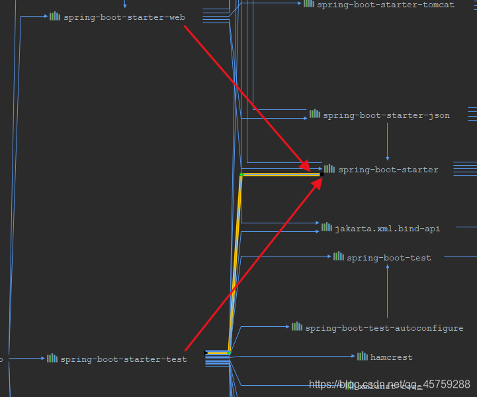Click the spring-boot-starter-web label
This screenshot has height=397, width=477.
coord(124,17)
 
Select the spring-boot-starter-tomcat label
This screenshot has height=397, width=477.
coord(386,5)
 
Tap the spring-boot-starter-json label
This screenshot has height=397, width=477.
coord(386,115)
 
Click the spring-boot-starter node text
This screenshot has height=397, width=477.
coord(388,170)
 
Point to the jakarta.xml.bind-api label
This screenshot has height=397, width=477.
coord(387,229)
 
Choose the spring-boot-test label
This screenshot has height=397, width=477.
coord(389,258)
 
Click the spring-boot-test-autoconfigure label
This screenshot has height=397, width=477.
coord(384,328)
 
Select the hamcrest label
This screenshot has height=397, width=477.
coord(391,357)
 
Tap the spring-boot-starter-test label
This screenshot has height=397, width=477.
coord(124,359)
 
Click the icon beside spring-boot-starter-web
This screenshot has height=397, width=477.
coord(55,17)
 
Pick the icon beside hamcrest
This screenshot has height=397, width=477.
coord(363,357)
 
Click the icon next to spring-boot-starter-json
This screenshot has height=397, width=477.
coord(315,114)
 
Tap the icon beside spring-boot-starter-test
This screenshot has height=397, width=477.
coord(52,358)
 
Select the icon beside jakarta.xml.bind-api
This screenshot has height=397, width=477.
coord(327,227)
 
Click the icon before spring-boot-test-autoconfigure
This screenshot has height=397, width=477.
coord(297,327)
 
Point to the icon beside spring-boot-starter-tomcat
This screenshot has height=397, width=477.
coord(309,4)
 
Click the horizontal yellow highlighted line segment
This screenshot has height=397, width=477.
coord(281,175)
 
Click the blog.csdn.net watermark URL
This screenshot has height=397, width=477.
coord(390,384)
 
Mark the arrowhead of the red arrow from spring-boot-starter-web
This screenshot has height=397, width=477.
coord(306,165)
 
